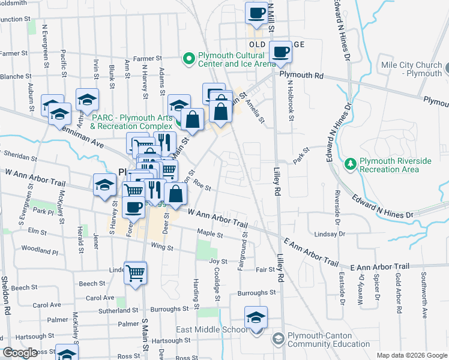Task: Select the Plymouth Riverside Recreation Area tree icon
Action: pos(351,163)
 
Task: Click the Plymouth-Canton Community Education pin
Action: pos(278,340)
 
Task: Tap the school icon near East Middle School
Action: pos(256,318)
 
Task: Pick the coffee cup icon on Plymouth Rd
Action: pos(281,52)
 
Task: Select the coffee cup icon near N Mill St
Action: pos(256,13)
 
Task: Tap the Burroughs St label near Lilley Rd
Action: pos(256,293)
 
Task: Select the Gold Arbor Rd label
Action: pos(398,293)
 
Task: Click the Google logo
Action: pos(20,353)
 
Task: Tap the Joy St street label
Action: pos(218,262)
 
